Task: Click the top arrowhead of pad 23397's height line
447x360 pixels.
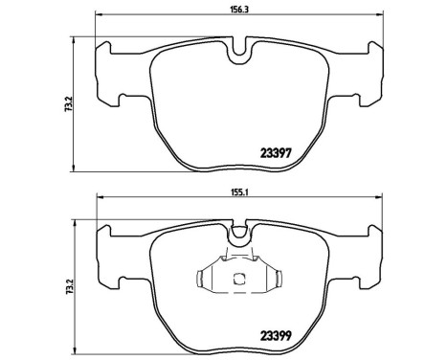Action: [77, 38]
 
